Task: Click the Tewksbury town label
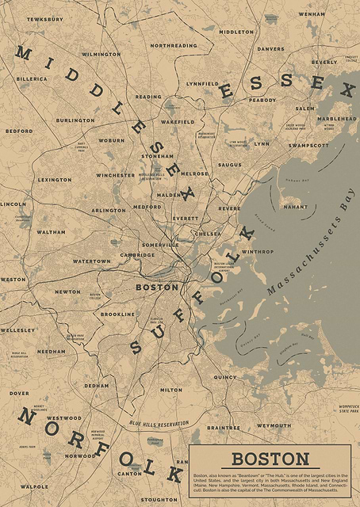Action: (x=44, y=18)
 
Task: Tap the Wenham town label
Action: (x=312, y=13)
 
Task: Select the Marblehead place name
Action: (x=334, y=119)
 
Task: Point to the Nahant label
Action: (x=295, y=207)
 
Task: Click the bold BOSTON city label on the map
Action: (x=157, y=287)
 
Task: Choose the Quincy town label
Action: (x=224, y=377)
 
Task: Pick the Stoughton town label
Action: (x=159, y=500)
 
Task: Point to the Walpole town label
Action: (x=34, y=486)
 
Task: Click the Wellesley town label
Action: (x=17, y=330)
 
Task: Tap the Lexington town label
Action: (x=54, y=180)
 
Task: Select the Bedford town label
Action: (x=19, y=131)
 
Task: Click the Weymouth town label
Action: (x=274, y=425)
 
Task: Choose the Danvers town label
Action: (x=270, y=48)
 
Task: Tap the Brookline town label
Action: (x=117, y=314)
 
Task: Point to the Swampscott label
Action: (x=308, y=146)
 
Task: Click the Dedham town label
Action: (x=97, y=386)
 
